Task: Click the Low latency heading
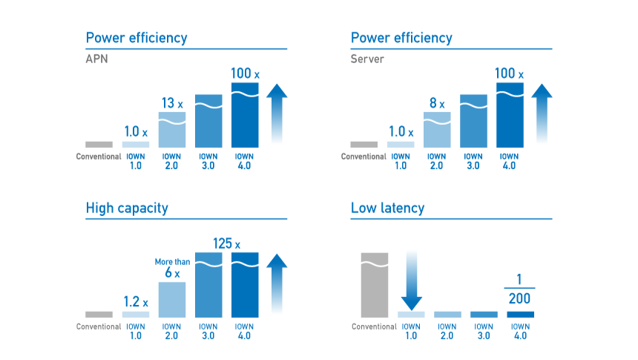pos(387,208)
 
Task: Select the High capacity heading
pos(127,208)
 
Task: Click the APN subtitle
pos(97,59)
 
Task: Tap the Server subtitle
pos(367,59)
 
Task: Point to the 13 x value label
pos(171,103)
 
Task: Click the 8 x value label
pos(436,104)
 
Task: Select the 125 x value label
pos(226,243)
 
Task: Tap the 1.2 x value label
pos(135,302)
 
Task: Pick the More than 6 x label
pos(172,268)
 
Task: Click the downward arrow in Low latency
pos(411,281)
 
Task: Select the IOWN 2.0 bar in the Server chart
pos(437,130)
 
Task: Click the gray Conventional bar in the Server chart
pos(364,144)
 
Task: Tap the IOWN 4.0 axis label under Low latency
pos(520,331)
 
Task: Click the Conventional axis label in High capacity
pos(99,327)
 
